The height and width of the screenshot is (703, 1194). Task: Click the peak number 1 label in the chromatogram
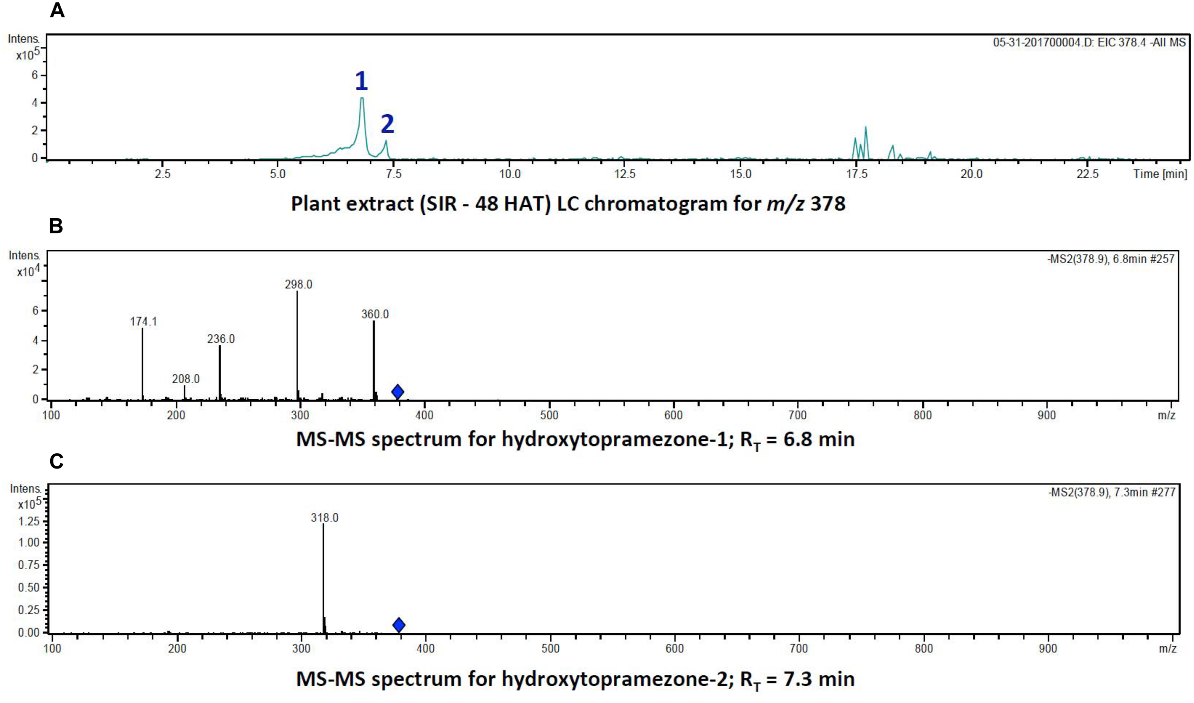[x=362, y=81]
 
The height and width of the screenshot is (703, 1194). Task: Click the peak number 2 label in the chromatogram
[x=387, y=124]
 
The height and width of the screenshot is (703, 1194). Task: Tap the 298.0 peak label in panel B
[x=298, y=285]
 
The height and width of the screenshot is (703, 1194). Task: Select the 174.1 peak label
[x=143, y=321]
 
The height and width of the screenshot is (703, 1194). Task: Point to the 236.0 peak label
[x=221, y=339]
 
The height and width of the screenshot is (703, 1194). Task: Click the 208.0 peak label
[x=186, y=379]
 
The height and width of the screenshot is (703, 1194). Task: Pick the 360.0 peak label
[x=375, y=314]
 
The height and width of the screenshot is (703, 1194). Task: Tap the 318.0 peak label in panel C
[x=324, y=518]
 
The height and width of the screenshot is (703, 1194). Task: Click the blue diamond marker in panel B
[x=397, y=392]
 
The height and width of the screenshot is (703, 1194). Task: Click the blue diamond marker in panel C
[x=399, y=625]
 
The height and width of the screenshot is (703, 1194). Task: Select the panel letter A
[x=57, y=11]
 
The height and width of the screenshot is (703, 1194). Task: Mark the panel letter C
[x=56, y=462]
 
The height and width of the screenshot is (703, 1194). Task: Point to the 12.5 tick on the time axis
[x=625, y=174]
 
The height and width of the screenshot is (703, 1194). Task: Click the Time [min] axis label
[x=1160, y=174]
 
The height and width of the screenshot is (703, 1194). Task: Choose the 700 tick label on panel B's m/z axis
[x=798, y=415]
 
